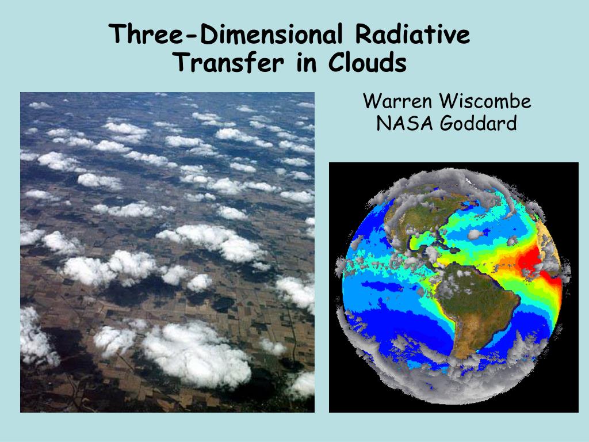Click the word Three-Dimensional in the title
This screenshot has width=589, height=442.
[x=225, y=34]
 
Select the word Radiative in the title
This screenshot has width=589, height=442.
[x=412, y=34]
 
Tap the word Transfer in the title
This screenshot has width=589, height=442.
[x=230, y=62]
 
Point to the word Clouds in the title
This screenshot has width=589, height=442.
[x=368, y=62]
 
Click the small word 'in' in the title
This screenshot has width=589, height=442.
[x=307, y=63]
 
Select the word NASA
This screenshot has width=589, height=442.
[x=404, y=123]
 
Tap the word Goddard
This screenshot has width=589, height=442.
[x=479, y=123]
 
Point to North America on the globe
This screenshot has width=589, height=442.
[x=420, y=218]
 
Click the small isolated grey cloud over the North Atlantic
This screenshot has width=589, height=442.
[x=475, y=234]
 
